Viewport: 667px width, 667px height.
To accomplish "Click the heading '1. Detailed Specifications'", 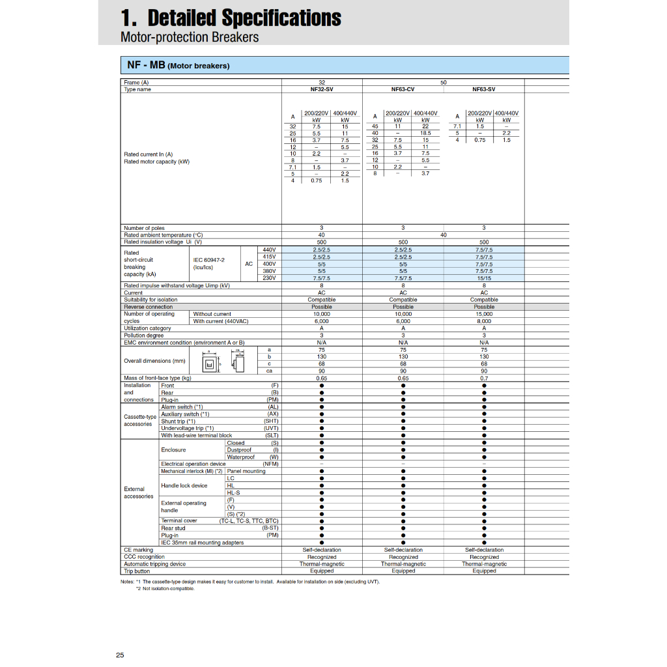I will [231, 18].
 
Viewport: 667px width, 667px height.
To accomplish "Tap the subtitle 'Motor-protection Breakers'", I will [190, 37].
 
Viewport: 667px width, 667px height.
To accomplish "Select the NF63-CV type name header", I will [403, 89].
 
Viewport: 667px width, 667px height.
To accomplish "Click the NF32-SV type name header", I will [322, 89].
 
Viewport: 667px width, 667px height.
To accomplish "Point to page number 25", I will [120, 655].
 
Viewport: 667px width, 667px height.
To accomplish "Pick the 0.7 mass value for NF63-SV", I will [484, 378].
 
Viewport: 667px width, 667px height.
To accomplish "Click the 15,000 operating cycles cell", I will [484, 314].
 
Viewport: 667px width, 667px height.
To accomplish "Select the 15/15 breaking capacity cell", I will [484, 278].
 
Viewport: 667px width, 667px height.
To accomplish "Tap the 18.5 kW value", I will [425, 133].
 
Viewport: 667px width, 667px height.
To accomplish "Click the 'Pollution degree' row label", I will [143, 335].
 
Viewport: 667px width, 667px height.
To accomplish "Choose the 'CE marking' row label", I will [137, 550].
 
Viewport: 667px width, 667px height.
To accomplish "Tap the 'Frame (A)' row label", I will [136, 83].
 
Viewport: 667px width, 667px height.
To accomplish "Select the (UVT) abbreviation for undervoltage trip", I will [271, 428].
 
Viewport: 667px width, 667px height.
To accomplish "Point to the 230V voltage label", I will [269, 278].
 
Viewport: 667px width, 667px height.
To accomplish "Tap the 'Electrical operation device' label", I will [193, 464].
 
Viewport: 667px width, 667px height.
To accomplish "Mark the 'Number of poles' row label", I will [144, 228].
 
